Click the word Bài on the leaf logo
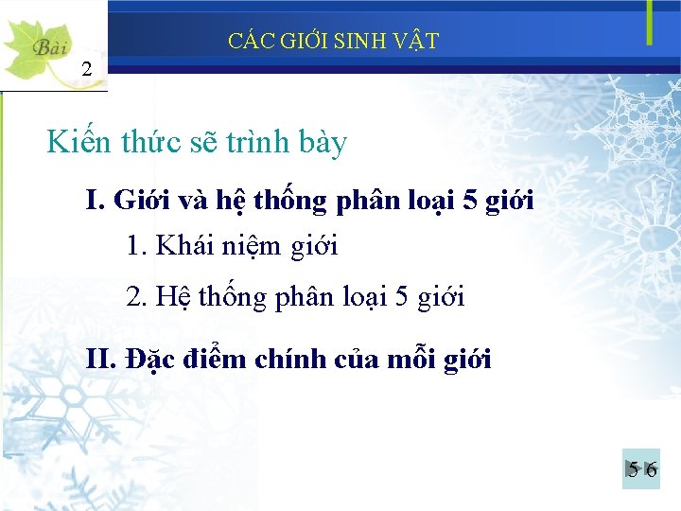(47, 46)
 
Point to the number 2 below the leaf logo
(87, 68)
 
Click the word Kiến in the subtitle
(82, 143)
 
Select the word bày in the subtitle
(322, 145)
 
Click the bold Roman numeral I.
(94, 201)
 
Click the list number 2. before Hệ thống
(137, 297)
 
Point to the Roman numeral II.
(98, 360)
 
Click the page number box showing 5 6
(641, 468)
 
